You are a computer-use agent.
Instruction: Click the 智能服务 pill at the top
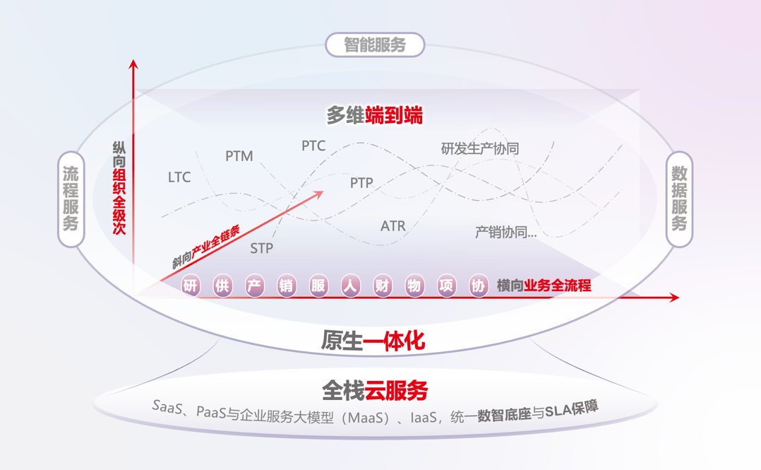[x=375, y=45]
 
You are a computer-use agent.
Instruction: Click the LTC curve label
[x=179, y=177]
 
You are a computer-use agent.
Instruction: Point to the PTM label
[x=239, y=156]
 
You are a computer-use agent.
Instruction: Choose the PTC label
[x=313, y=146]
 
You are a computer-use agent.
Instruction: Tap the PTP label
[x=361, y=183]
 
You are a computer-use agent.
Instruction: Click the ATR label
[x=393, y=226]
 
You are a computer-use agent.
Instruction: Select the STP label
[x=262, y=249]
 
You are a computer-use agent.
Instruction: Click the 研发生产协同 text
[x=480, y=148]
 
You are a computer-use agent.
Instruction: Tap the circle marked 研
[x=191, y=286]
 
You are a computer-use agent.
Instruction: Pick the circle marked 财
[x=383, y=286]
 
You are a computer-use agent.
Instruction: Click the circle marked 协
[x=479, y=286]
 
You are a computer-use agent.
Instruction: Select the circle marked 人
[x=351, y=286]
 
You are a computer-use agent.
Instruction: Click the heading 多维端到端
[x=374, y=114]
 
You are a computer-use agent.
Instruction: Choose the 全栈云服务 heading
[x=374, y=389]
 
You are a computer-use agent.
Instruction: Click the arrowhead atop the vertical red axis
[x=133, y=64]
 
